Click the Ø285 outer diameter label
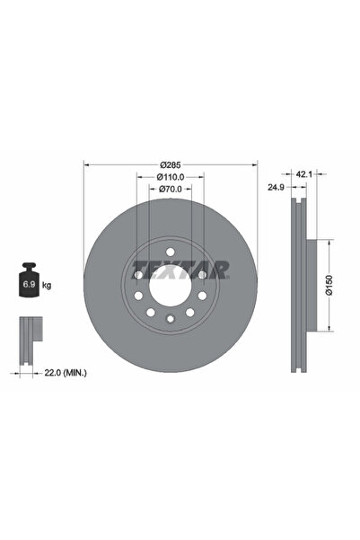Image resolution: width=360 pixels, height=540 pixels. click(x=171, y=164)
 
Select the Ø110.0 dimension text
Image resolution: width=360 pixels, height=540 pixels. click(x=171, y=177)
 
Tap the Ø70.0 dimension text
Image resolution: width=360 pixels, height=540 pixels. click(x=171, y=190)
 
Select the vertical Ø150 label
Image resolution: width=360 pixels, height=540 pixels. click(x=329, y=285)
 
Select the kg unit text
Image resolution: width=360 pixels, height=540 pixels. click(x=46, y=286)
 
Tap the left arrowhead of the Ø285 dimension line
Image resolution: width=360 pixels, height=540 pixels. click(x=86, y=164)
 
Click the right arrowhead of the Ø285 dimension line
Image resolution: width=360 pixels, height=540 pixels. click(x=255, y=164)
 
